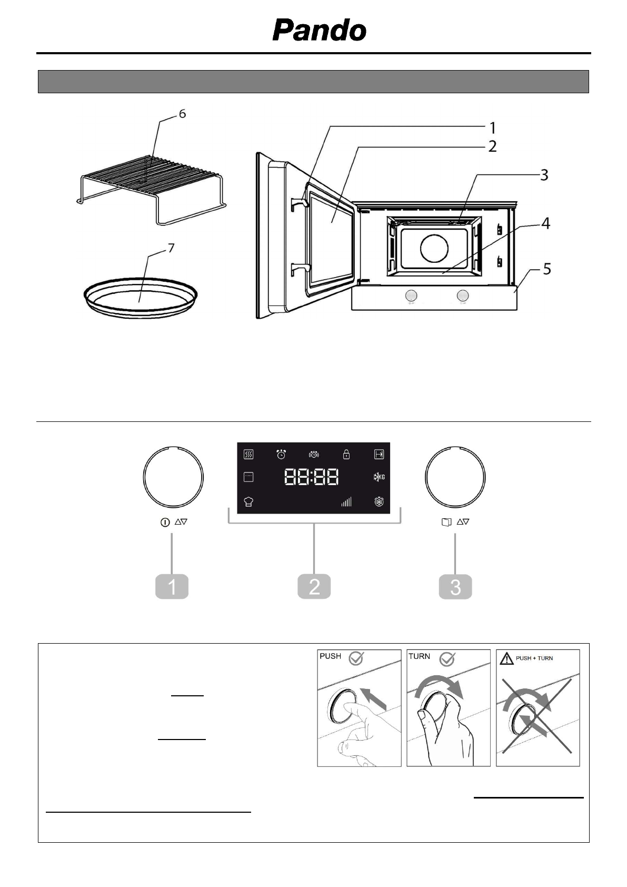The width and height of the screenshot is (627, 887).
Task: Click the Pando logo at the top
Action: click(319, 31)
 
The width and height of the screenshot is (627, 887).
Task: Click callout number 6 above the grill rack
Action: click(182, 114)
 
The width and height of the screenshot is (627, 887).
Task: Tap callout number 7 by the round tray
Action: click(171, 248)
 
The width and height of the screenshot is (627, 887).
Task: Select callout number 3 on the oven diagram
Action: click(544, 175)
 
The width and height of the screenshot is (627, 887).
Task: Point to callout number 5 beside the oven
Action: click(547, 270)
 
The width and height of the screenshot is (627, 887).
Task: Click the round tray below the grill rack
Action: click(141, 299)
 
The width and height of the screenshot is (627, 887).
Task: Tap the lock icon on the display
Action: click(346, 454)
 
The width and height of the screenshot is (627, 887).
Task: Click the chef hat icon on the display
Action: click(248, 502)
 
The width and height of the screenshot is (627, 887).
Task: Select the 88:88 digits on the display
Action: click(312, 477)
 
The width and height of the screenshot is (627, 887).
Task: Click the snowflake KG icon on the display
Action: click(379, 477)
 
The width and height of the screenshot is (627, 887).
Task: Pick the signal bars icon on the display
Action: click(346, 502)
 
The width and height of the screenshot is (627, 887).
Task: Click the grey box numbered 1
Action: click(172, 587)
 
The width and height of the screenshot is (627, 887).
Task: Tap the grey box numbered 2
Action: click(314, 587)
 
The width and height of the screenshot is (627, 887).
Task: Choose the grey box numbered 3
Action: click(455, 587)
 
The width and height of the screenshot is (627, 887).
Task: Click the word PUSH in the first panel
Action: click(331, 656)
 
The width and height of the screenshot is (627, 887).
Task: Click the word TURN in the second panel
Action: click(420, 656)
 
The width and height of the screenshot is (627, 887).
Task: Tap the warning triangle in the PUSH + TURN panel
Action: click(506, 658)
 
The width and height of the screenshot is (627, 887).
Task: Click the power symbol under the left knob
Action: click(165, 523)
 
